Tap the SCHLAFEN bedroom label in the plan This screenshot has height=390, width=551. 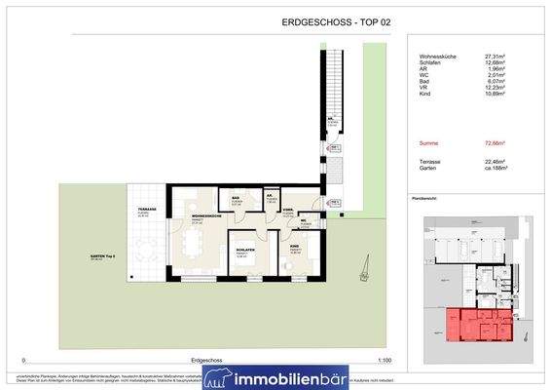(x=244, y=251)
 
